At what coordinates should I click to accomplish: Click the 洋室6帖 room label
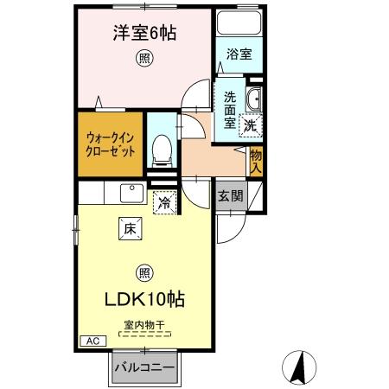point(144,35)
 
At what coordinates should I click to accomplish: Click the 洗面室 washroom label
point(230,110)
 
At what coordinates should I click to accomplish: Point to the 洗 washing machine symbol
point(250,124)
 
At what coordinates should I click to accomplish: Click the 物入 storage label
point(257,161)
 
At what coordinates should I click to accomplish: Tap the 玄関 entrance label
point(229,196)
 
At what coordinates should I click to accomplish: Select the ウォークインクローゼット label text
point(110,143)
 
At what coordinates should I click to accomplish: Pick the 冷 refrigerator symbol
point(163,205)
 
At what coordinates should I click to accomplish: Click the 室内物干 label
point(144,326)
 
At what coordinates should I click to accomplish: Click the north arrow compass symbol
point(299,368)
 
